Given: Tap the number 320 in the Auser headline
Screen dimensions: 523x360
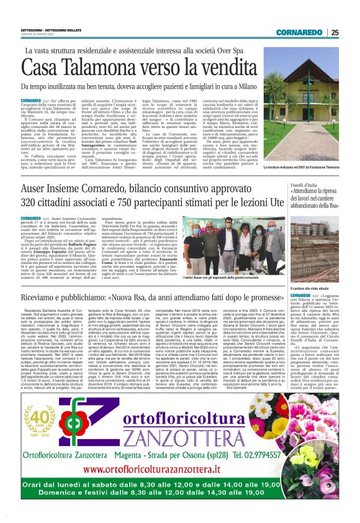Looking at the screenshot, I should point(27,203).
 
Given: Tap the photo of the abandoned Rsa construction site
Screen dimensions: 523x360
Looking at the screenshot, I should point(313,248).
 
